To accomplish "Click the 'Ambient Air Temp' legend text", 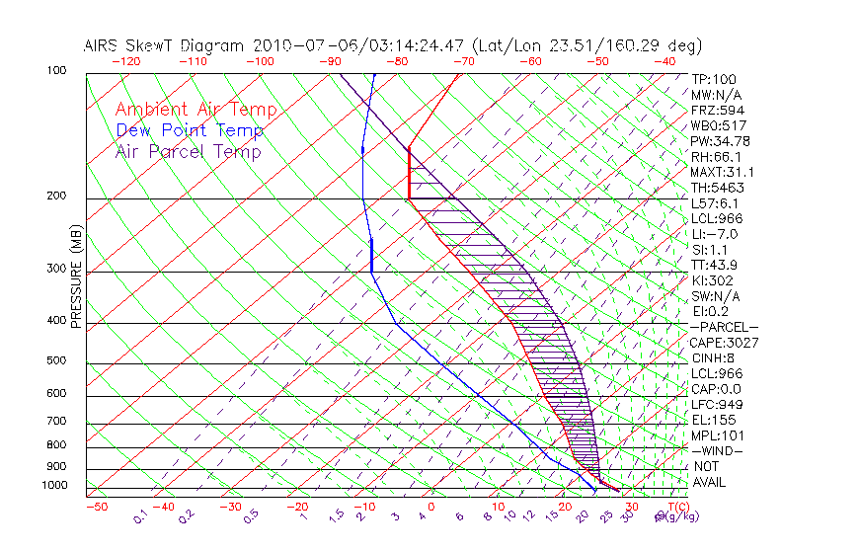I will (195, 110).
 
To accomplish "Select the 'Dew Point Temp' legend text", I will (190, 130).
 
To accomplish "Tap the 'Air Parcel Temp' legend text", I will (188, 151).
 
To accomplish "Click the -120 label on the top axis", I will (125, 61).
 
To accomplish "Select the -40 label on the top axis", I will (665, 61).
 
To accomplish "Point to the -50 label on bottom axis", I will (96, 507).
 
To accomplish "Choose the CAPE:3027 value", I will (724, 343).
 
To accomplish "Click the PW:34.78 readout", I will (720, 141).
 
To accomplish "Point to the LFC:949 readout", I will (717, 405).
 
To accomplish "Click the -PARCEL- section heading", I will (724, 327).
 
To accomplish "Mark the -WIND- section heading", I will (717, 450).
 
